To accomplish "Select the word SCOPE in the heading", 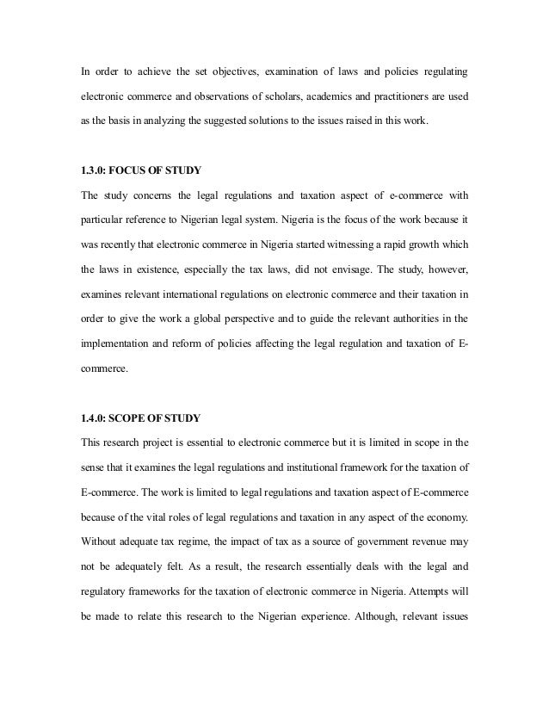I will tap(131, 418).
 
